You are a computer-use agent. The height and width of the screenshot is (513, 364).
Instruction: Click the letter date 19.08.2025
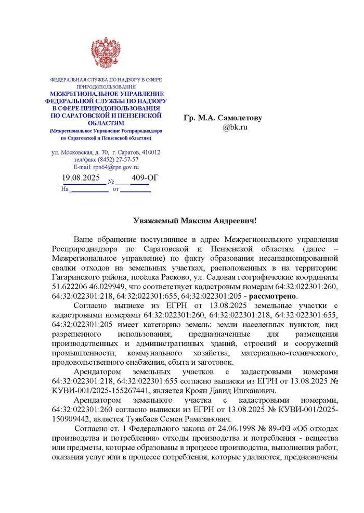coord(81,178)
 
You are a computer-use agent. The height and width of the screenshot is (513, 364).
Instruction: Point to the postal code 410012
coord(150,152)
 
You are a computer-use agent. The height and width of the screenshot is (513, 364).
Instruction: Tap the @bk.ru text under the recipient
coord(235,127)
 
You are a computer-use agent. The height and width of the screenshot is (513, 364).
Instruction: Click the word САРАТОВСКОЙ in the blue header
coord(100,115)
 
